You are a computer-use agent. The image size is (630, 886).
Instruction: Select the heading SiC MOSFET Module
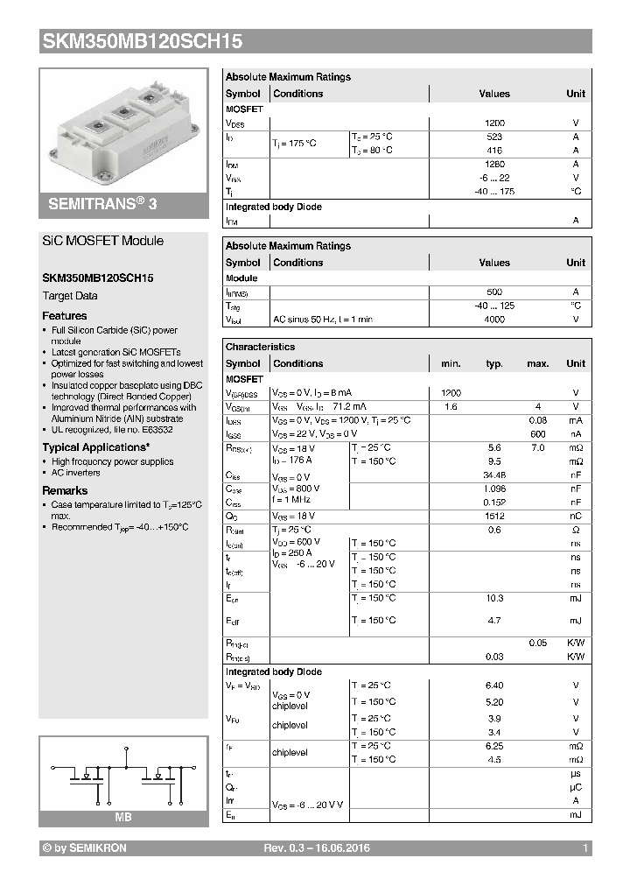103,241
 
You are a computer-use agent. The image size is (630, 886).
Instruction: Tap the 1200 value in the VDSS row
494,123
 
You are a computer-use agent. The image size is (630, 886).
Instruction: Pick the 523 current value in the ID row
494,137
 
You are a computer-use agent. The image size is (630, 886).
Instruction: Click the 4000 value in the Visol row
494,320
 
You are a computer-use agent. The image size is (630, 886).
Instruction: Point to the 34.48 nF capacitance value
494,475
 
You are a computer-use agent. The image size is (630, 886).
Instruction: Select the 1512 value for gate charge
494,516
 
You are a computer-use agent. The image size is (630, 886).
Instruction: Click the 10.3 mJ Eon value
494,598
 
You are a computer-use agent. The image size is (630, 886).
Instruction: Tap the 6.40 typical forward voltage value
494,686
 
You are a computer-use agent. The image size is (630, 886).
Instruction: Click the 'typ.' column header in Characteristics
494,363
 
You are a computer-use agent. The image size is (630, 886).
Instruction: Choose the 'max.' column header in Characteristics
537,363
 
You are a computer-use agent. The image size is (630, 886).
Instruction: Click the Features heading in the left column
65,315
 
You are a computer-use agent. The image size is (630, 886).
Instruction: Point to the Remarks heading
65,490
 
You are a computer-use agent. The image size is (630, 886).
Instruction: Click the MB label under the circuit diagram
122,817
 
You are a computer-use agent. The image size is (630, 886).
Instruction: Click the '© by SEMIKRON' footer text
84,848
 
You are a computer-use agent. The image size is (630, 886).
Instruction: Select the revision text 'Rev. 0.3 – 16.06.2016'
316,848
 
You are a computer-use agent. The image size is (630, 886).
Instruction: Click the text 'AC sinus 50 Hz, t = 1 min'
322,320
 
